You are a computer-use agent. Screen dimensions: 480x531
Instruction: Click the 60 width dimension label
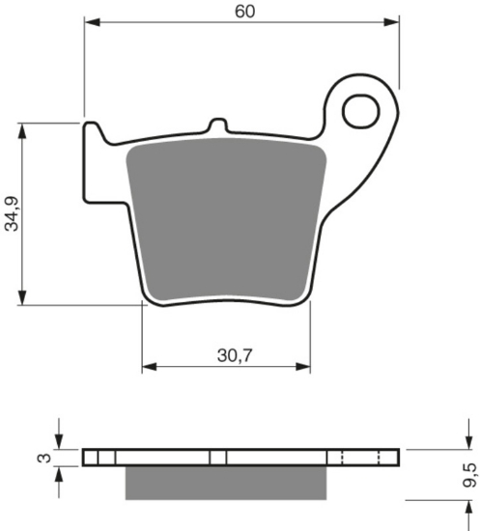coord(245,12)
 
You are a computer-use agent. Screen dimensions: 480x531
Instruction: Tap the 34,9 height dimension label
coord(13,213)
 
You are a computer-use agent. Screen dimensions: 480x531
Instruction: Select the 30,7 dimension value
coord(235,355)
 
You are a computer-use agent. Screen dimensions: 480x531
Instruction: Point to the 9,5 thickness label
coord(469,475)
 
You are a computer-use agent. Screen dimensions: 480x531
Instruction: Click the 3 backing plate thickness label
coord(44,459)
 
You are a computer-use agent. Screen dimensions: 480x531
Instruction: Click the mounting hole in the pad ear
coord(361,111)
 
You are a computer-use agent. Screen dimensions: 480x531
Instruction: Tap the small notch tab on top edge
coord(217,126)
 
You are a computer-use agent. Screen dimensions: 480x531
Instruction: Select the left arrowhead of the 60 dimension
coord(92,22)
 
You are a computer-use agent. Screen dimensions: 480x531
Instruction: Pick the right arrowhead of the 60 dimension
coord(391,22)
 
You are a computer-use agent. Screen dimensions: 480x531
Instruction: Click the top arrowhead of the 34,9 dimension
coord(22,130)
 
